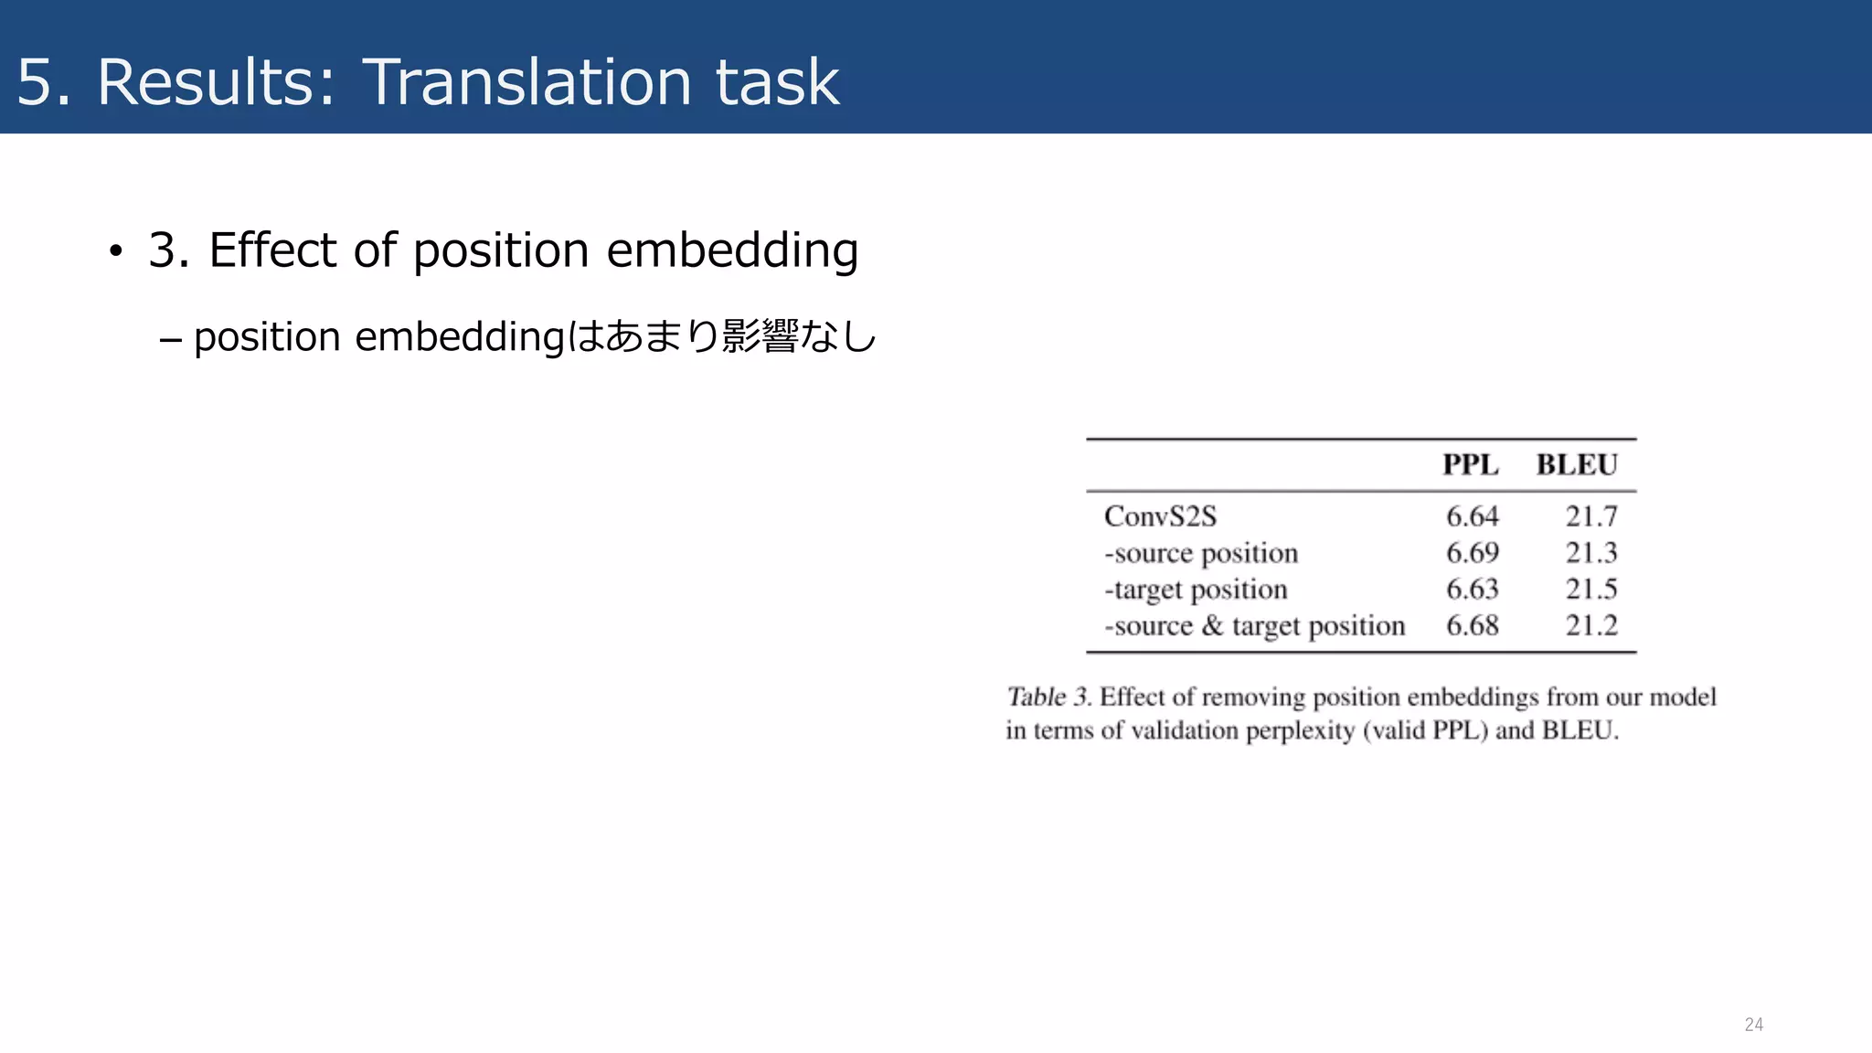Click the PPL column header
click(x=1470, y=464)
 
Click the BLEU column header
click(x=1576, y=464)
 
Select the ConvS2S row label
click(x=1160, y=516)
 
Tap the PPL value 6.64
click(x=1472, y=516)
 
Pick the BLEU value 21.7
click(x=1590, y=516)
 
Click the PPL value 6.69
click(x=1472, y=553)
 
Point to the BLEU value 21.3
click(x=1590, y=553)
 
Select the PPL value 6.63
click(x=1472, y=590)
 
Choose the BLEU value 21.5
click(x=1590, y=590)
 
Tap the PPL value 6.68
click(x=1472, y=626)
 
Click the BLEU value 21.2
click(x=1590, y=626)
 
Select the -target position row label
click(x=1196, y=590)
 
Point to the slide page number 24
click(x=1753, y=1025)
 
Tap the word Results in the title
click(x=216, y=82)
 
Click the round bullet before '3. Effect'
click(x=115, y=251)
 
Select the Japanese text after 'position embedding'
click(x=722, y=336)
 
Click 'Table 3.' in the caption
click(x=1048, y=697)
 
